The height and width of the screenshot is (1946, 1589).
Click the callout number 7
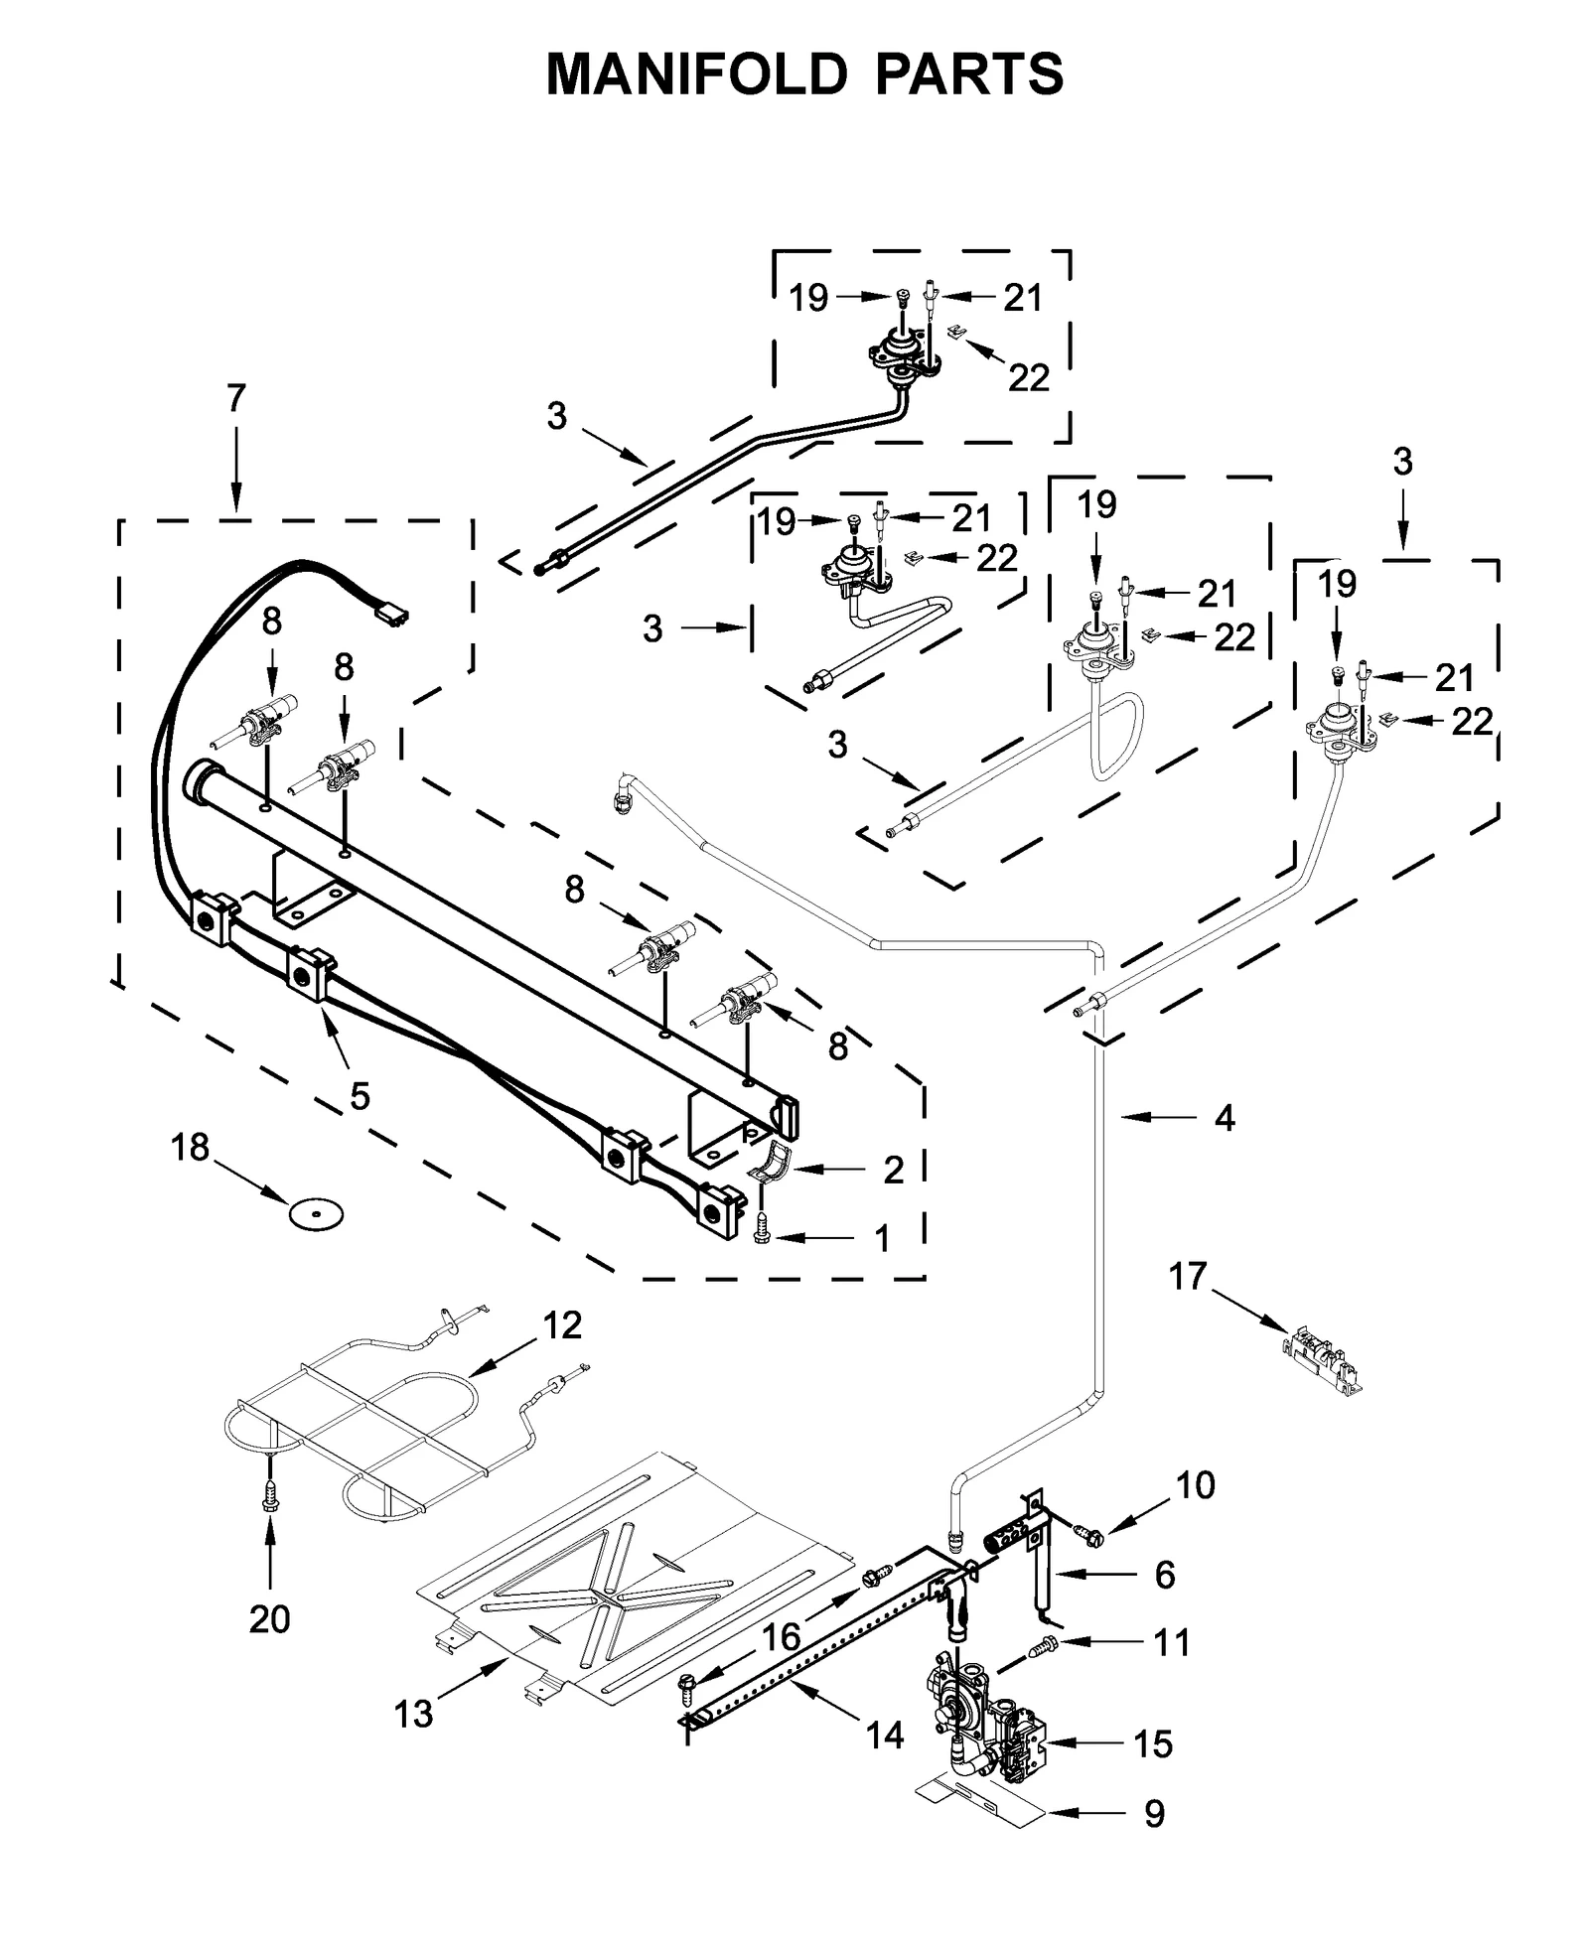tap(234, 398)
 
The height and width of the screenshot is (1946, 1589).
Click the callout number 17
tap(1188, 1276)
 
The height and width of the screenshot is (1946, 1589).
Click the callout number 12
tap(562, 1325)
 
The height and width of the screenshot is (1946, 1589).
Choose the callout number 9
tap(1154, 1814)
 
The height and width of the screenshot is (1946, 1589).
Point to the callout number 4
tap(1225, 1118)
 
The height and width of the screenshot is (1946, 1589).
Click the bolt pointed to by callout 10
tap(1093, 1538)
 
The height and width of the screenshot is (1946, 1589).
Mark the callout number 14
tap(884, 1735)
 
